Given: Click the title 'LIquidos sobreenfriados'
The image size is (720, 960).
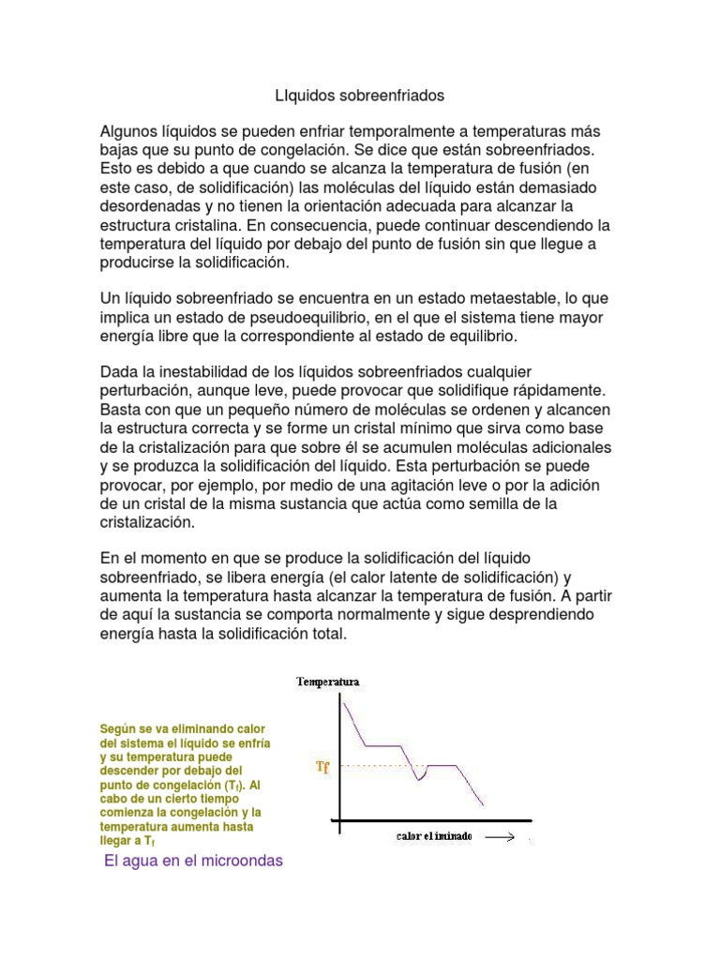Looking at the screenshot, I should click(359, 96).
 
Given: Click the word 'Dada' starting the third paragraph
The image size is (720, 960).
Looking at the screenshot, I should click(120, 373).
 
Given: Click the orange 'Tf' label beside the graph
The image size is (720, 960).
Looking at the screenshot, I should click(322, 767).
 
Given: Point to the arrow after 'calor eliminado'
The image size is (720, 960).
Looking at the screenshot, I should click(499, 836).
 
